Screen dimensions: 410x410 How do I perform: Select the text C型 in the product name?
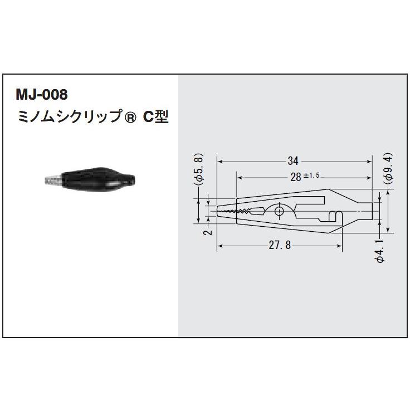156,118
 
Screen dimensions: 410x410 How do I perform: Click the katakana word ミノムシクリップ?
70,118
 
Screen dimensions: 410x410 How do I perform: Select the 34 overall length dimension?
293,161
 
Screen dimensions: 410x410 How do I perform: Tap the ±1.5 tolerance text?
311,176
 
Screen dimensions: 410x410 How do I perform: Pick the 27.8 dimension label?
278,246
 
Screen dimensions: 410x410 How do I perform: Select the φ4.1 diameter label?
379,252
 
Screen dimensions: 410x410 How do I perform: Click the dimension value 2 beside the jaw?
207,232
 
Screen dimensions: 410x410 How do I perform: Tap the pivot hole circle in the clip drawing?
280,211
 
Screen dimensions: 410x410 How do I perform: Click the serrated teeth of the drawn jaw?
240,211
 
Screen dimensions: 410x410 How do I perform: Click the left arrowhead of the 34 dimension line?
219,161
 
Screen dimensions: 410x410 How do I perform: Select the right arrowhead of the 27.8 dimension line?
339,246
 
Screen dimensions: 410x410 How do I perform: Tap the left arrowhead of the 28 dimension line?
240,177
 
